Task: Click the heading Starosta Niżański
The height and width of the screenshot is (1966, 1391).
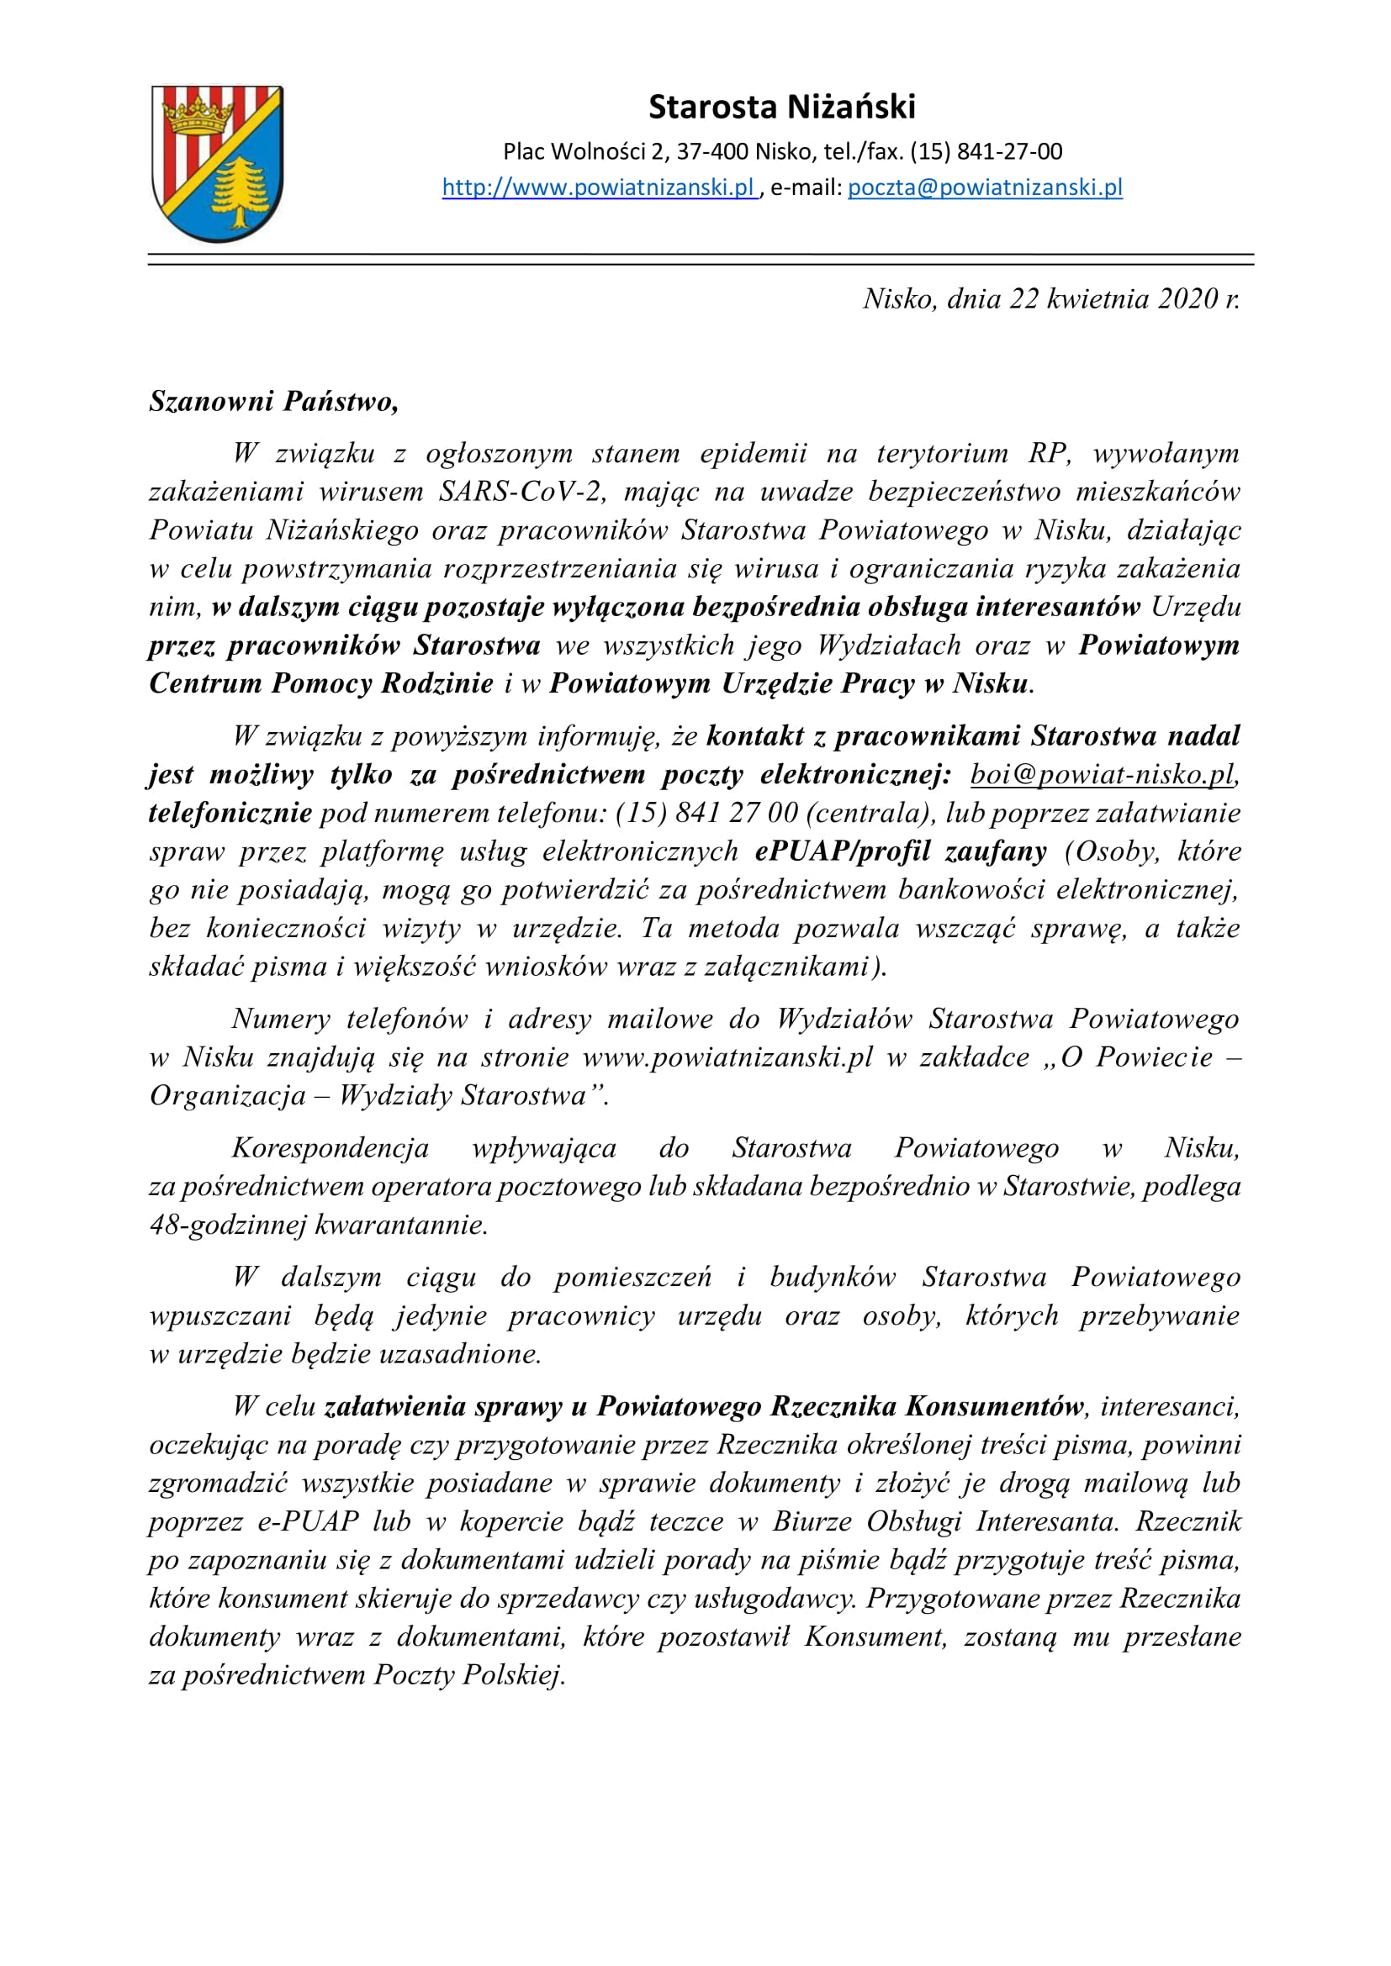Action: pyautogui.click(x=781, y=107)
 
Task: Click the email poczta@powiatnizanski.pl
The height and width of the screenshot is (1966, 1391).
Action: pyautogui.click(x=985, y=187)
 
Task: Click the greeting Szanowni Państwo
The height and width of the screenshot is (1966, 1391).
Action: pyautogui.click(x=273, y=401)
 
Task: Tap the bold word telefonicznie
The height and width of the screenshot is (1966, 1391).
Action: pyautogui.click(x=230, y=813)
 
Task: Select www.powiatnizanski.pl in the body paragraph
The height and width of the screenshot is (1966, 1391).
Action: pyautogui.click(x=727, y=1057)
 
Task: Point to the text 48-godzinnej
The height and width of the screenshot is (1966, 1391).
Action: pyautogui.click(x=227, y=1225)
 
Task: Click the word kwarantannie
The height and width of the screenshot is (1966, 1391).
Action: pyautogui.click(x=401, y=1225)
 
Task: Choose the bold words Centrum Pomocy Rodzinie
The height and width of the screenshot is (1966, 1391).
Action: pyautogui.click(x=321, y=683)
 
